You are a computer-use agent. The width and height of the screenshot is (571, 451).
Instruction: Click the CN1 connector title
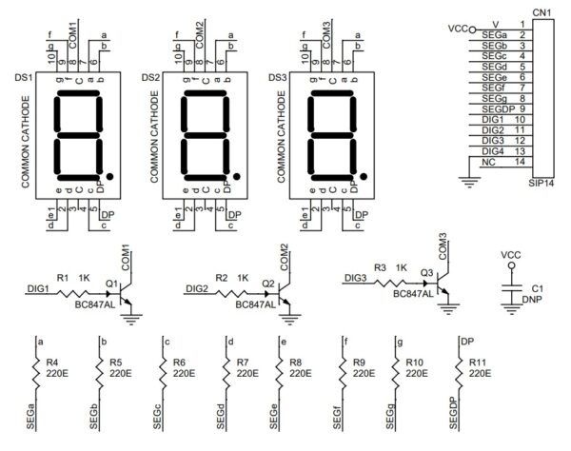(x=541, y=11)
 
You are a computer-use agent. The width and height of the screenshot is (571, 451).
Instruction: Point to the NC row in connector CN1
(x=499, y=161)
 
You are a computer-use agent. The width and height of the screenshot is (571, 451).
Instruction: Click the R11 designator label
(x=481, y=363)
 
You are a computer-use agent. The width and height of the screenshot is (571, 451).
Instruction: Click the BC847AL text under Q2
(x=255, y=304)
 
